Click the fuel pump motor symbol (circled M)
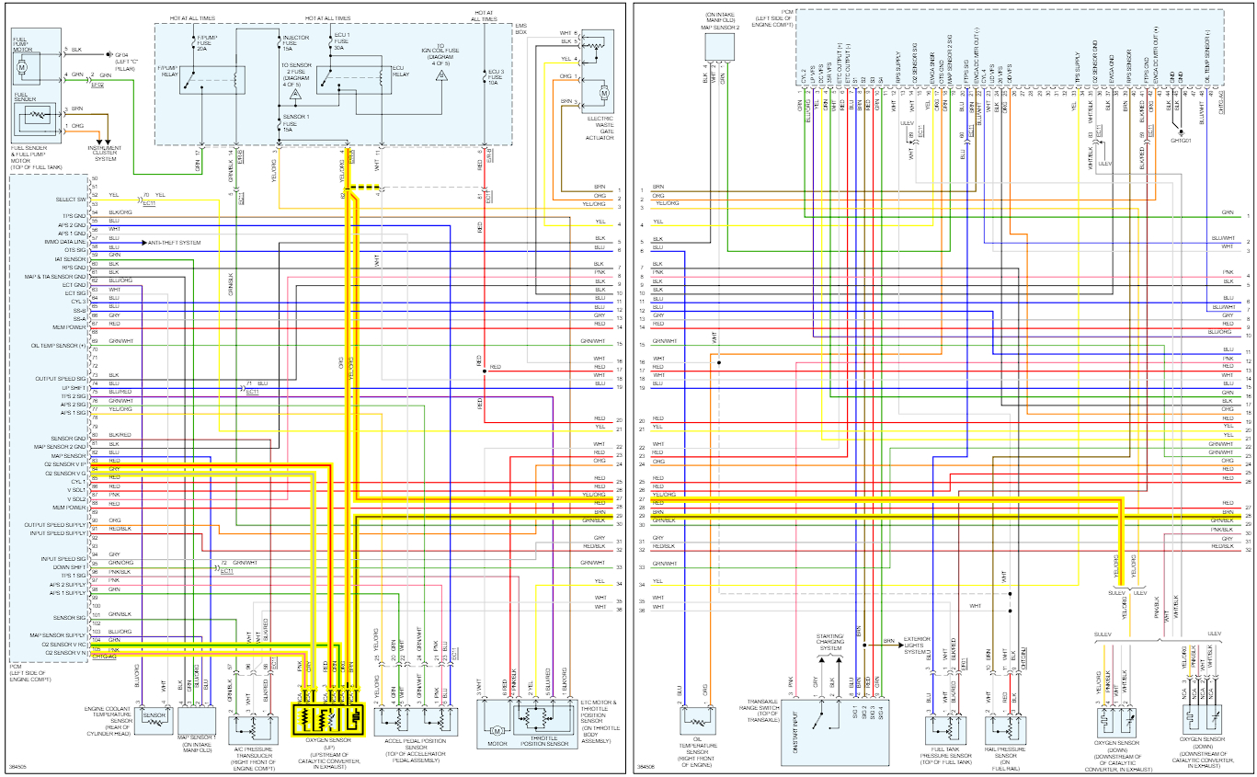(x=23, y=66)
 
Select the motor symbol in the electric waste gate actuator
(x=604, y=93)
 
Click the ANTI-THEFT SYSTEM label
(x=175, y=242)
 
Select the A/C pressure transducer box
(x=250, y=726)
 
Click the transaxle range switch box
(x=839, y=734)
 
